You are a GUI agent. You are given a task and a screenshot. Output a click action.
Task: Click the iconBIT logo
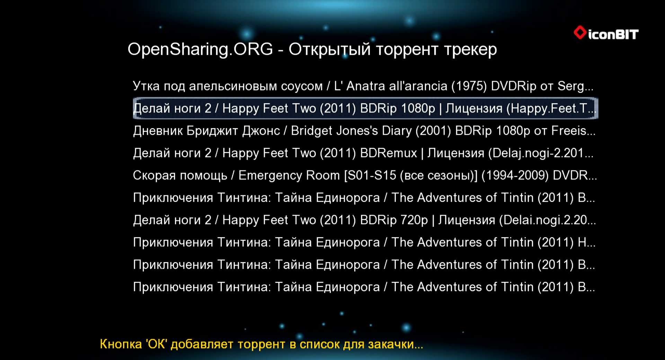(x=606, y=33)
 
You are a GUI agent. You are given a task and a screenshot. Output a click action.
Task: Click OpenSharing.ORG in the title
(x=200, y=49)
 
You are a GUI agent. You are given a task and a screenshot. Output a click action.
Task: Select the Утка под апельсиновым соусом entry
(x=363, y=86)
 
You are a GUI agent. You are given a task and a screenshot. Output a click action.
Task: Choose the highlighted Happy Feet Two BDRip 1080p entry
(x=365, y=108)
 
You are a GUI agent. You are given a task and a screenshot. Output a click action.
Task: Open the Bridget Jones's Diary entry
(x=364, y=131)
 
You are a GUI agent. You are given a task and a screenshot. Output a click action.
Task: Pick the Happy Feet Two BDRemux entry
(x=363, y=153)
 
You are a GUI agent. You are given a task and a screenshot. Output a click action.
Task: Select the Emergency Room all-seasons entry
(x=365, y=175)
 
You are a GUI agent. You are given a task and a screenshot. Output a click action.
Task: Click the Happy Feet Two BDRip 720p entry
(x=364, y=220)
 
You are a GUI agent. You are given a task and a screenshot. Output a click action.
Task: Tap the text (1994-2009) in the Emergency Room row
(x=515, y=175)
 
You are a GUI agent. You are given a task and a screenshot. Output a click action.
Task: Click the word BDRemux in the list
(x=388, y=153)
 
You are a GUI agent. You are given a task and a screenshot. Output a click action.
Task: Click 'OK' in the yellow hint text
(x=157, y=344)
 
